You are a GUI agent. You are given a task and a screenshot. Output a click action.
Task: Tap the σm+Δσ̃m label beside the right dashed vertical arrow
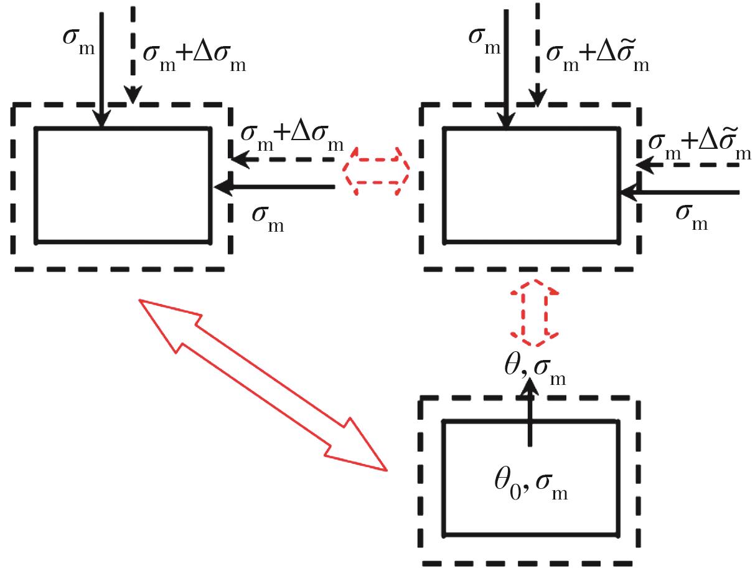(597, 55)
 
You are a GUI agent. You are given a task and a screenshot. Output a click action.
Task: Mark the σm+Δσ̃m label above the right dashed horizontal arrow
(699, 144)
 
